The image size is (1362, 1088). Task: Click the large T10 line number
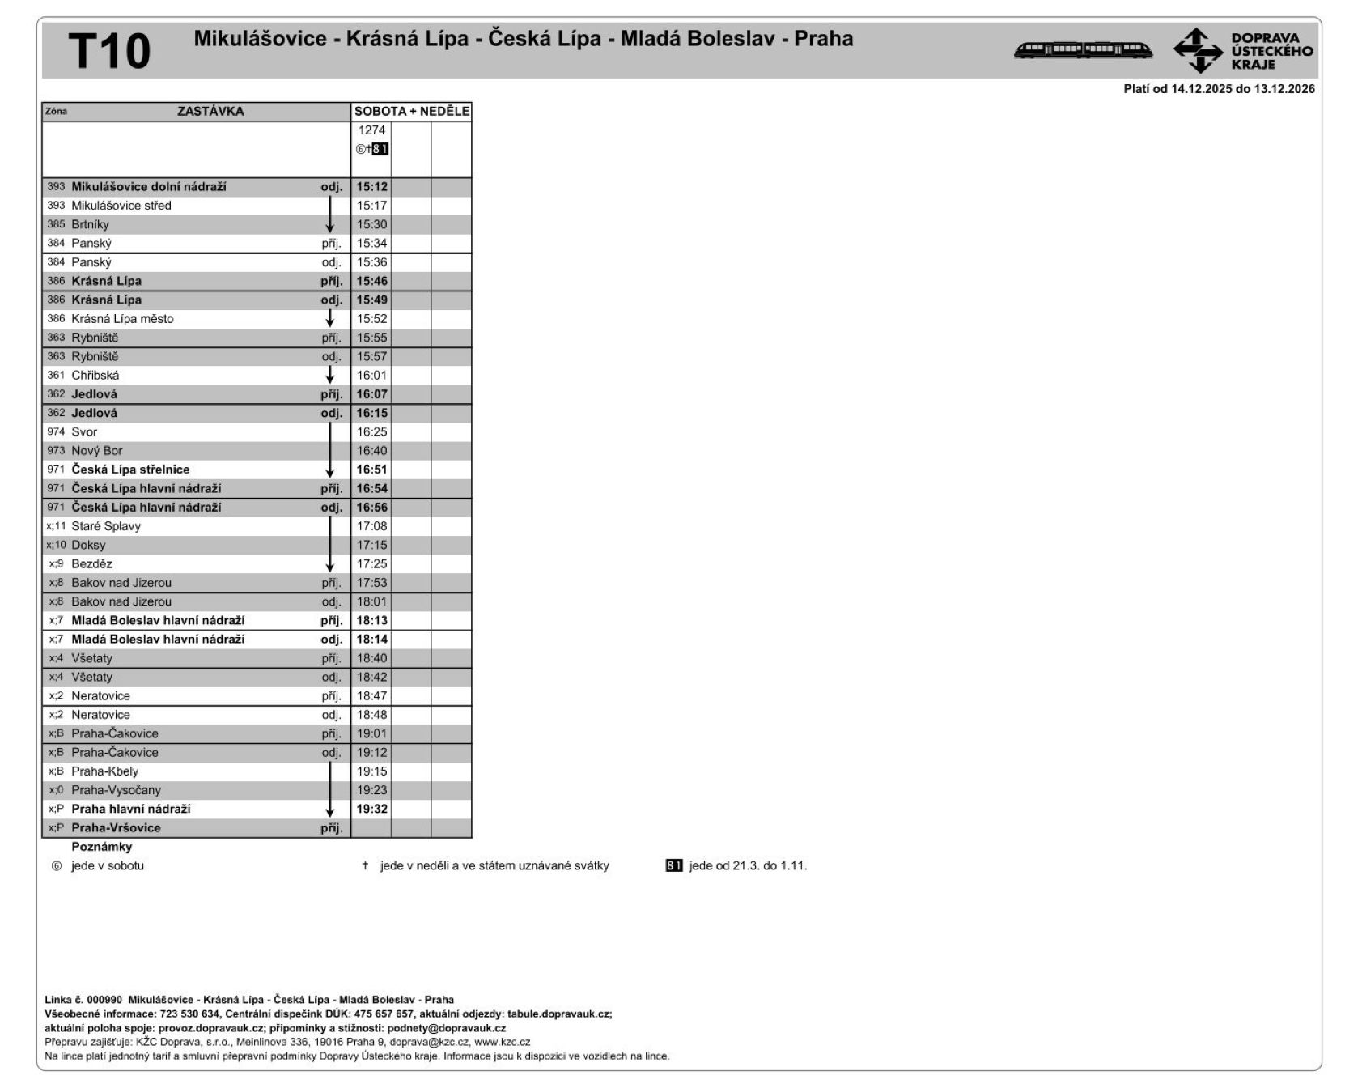pos(109,51)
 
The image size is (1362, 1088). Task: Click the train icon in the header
pos(1083,50)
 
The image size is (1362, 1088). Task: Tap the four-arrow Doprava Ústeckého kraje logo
pos(1198,50)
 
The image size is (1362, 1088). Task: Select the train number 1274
pos(371,130)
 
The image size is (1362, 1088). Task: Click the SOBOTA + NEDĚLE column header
pos(412,112)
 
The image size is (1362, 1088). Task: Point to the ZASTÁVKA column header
pos(210,112)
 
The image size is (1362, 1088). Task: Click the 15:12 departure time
pos(372,187)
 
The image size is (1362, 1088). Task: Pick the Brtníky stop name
pos(90,225)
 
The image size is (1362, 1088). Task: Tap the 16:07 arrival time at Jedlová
pos(372,394)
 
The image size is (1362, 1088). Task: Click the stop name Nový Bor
pos(97,451)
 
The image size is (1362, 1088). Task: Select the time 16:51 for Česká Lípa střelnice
pos(372,470)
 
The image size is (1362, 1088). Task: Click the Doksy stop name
pos(88,546)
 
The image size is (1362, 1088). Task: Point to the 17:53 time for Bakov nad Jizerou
pos(372,583)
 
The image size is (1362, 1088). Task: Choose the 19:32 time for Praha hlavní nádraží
pos(372,810)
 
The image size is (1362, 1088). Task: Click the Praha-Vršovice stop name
pos(116,828)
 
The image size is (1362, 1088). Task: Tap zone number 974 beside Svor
pos(56,432)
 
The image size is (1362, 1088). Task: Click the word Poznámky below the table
pos(102,848)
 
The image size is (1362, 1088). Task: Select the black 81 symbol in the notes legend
pos(674,866)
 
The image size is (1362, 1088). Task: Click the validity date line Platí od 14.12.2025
pos(1219,90)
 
